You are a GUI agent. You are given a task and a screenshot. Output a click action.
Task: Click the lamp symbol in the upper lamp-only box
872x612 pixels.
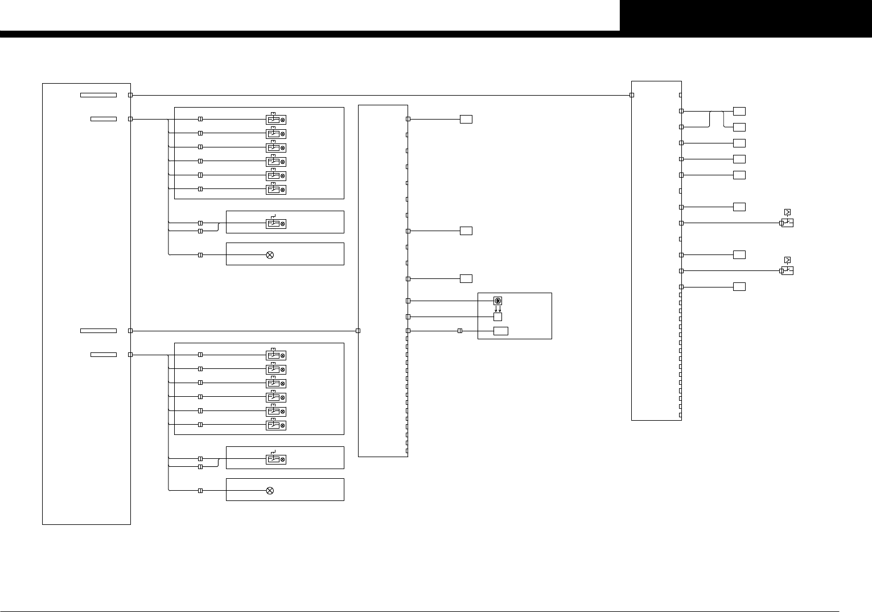[x=270, y=255]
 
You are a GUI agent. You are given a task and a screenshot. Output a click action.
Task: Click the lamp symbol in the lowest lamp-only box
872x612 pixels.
[x=270, y=491]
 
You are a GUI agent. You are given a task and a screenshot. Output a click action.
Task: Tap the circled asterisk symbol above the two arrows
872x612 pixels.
[x=497, y=301]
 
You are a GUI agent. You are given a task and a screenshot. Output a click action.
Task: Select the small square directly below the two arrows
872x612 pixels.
[x=497, y=317]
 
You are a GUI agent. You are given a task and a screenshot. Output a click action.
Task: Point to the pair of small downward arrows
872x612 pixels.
[x=497, y=309]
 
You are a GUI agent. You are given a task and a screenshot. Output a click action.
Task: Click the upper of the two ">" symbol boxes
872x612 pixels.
[x=787, y=212]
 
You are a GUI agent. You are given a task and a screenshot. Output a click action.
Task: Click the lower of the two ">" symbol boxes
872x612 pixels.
[x=787, y=260]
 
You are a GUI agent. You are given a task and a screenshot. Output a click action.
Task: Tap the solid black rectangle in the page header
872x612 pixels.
[x=746, y=15]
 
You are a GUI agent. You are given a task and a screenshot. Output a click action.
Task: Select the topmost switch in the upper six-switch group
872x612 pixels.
[x=276, y=120]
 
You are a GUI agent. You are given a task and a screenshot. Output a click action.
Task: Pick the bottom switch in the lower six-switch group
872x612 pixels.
[x=276, y=425]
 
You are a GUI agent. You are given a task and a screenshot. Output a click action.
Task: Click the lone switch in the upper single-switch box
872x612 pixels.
[x=276, y=224]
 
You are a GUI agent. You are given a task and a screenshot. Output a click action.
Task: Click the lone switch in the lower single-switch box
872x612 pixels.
[x=276, y=459]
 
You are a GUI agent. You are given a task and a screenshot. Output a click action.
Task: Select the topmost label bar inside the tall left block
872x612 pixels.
[x=98, y=95]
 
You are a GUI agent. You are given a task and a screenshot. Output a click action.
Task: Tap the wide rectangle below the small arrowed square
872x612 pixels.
[x=501, y=331]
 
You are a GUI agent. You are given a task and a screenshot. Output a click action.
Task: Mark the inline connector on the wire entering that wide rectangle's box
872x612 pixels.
[x=460, y=331]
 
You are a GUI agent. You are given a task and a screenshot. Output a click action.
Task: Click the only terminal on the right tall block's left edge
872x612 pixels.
[x=632, y=95]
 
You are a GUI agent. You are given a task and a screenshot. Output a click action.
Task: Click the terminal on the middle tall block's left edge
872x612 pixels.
[x=358, y=331]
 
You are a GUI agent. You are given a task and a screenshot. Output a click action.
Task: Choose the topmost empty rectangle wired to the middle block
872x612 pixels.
[x=466, y=119]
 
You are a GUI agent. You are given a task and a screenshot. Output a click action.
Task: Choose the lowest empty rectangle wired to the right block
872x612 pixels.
[x=739, y=286]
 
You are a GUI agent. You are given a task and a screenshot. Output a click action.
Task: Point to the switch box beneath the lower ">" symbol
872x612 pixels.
[x=788, y=271]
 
